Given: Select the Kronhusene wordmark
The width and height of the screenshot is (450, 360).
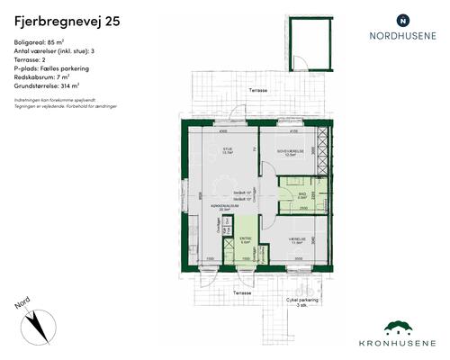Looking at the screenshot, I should (400, 344).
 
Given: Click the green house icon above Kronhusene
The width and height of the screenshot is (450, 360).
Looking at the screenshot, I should (400, 328).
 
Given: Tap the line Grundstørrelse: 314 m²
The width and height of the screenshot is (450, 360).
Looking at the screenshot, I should (50, 85).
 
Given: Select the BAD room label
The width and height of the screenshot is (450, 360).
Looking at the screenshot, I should (302, 193).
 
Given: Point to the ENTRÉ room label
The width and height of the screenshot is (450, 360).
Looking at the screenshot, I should (245, 238).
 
